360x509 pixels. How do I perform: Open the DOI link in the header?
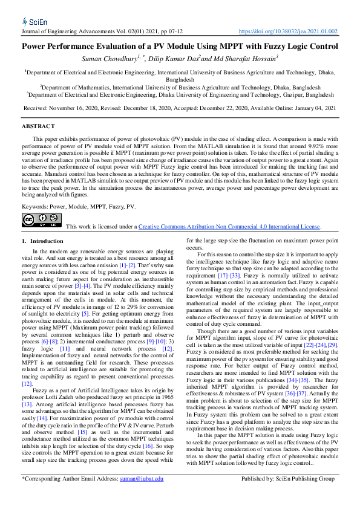pos(289,31)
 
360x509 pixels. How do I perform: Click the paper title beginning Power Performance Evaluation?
pos(180,46)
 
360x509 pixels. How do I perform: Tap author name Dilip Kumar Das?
pos(174,59)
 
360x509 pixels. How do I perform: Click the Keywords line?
pos(79,207)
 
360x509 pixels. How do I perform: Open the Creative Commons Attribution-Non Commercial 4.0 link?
pos(229,227)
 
